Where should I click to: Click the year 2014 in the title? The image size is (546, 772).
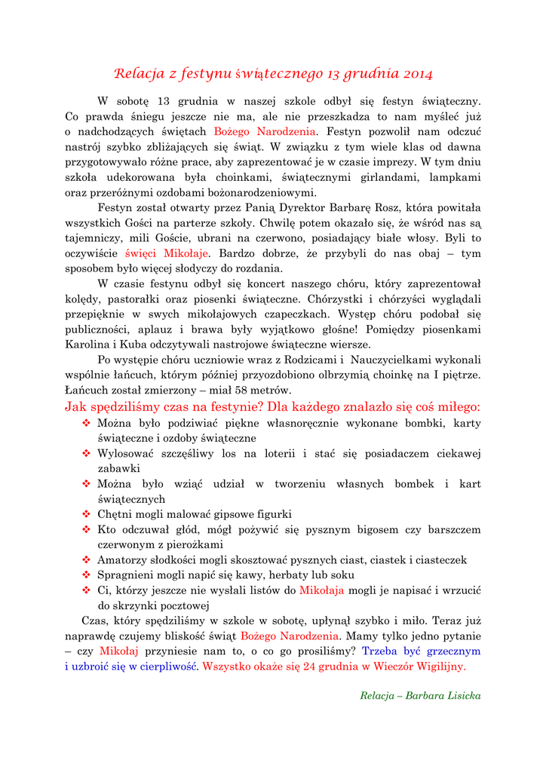(418, 74)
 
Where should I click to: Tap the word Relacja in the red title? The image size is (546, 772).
(139, 74)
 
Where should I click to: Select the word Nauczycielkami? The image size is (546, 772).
(397, 360)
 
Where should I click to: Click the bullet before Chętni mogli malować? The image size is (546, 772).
(85, 514)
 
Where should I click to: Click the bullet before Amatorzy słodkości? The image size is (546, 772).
(85, 559)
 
